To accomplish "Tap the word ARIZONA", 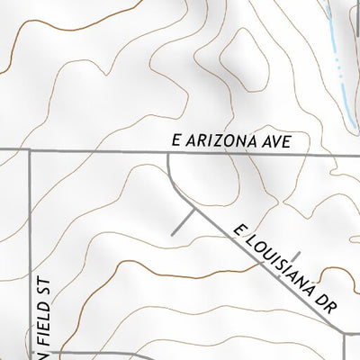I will [x=229, y=141].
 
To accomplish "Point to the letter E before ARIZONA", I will [x=178, y=141].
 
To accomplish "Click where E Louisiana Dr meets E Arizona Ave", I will [x=168, y=152].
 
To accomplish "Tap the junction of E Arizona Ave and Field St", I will [x=31, y=151].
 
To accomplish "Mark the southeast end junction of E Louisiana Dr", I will [x=347, y=332].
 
